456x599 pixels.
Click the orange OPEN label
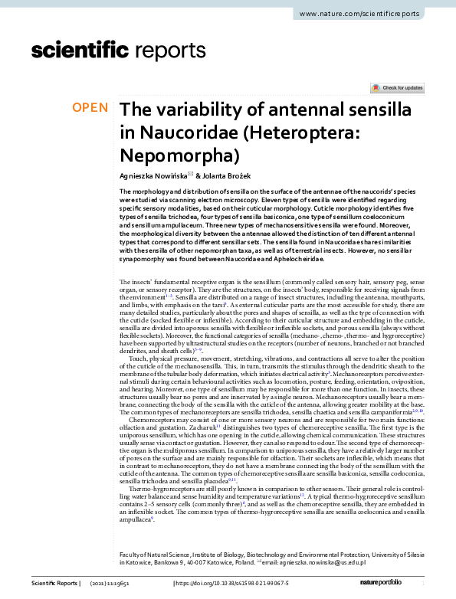click(x=90, y=108)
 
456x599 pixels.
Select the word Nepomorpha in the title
click(x=179, y=155)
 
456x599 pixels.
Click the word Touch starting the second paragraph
click(x=139, y=358)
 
